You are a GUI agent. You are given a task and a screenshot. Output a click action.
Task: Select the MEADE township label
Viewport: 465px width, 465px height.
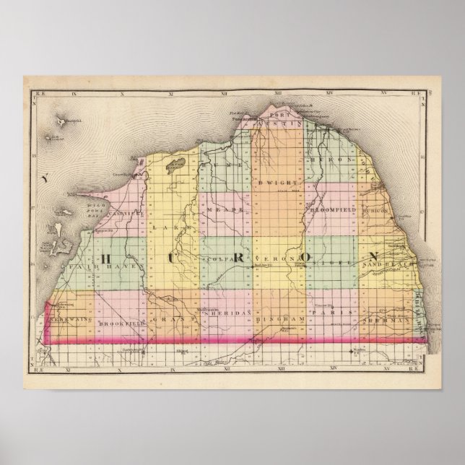click(x=220, y=209)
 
